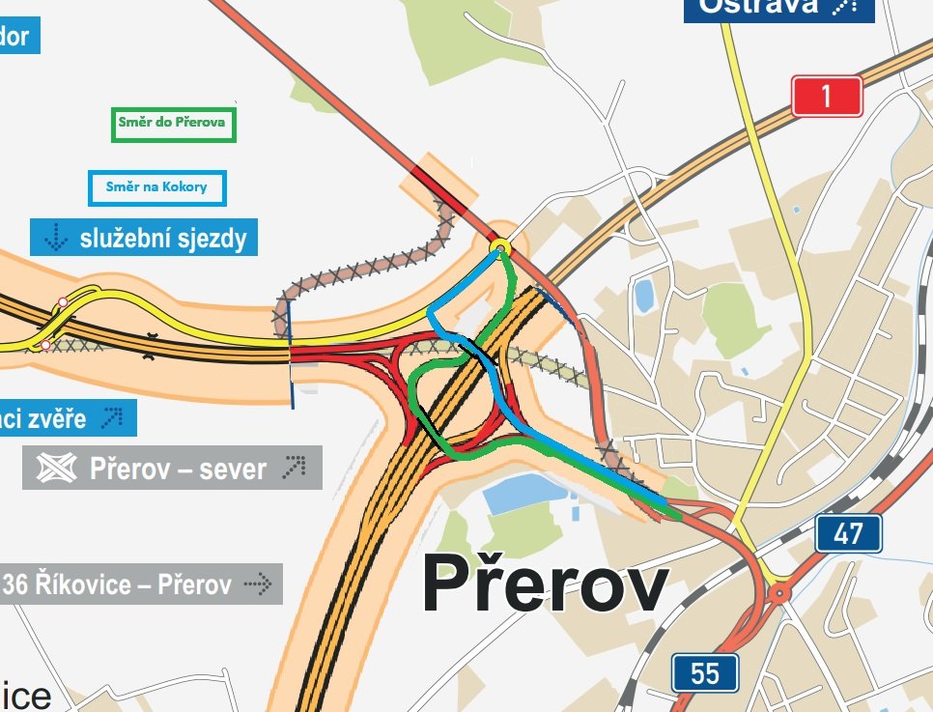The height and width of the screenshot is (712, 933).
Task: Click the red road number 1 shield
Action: pos(827,96)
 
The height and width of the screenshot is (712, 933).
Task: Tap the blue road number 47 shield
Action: pos(848,533)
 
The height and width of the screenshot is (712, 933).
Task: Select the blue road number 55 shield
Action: pos(705,672)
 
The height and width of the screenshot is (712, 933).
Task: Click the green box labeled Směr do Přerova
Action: pos(173,124)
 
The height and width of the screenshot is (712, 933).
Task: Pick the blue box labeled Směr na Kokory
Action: pos(157,187)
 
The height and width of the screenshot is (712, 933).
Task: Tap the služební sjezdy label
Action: pos(162,238)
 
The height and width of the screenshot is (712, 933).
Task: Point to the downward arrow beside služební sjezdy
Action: pos(56,238)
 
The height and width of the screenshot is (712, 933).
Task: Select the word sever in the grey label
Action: pos(229,470)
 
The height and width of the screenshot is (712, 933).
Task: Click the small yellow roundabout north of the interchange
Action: pos(499,247)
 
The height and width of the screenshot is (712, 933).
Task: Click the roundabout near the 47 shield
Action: pos(778,591)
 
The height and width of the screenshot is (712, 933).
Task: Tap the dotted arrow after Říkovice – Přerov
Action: pos(259,584)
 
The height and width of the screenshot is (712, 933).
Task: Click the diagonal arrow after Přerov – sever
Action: pos(294,470)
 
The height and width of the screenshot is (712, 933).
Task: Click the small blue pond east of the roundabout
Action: pos(643,295)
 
